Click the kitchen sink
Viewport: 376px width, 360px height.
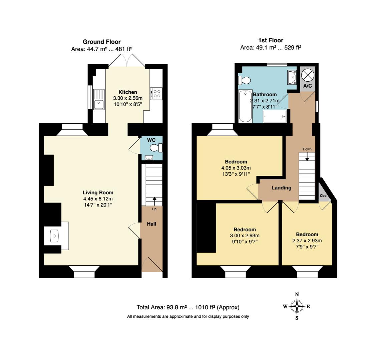pyautogui.click(x=99, y=99)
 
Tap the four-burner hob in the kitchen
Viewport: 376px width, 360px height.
pyautogui.click(x=156, y=94)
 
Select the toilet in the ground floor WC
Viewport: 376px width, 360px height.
pyautogui.click(x=156, y=148)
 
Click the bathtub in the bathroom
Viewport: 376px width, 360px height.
pyautogui.click(x=245, y=106)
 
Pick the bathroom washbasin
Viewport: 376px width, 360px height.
pyautogui.click(x=292, y=77)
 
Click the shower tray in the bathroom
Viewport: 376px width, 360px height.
pyautogui.click(x=275, y=117)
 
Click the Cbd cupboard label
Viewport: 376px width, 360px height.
pyautogui.click(x=323, y=196)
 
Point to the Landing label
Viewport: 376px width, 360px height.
pyautogui.click(x=282, y=188)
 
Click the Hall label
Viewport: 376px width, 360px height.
pyautogui.click(x=151, y=224)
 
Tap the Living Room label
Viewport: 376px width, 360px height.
pyautogui.click(x=98, y=193)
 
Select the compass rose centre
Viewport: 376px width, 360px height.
pyautogui.click(x=297, y=306)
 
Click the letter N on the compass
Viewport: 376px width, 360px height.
pyautogui.click(x=297, y=295)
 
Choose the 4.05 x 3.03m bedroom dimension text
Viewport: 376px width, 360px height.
pyautogui.click(x=236, y=168)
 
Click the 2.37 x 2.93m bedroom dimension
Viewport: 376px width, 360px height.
pyautogui.click(x=307, y=240)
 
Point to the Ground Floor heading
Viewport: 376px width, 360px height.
pyautogui.click(x=102, y=42)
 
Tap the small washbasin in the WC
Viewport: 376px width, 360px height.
pyautogui.click(x=149, y=158)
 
